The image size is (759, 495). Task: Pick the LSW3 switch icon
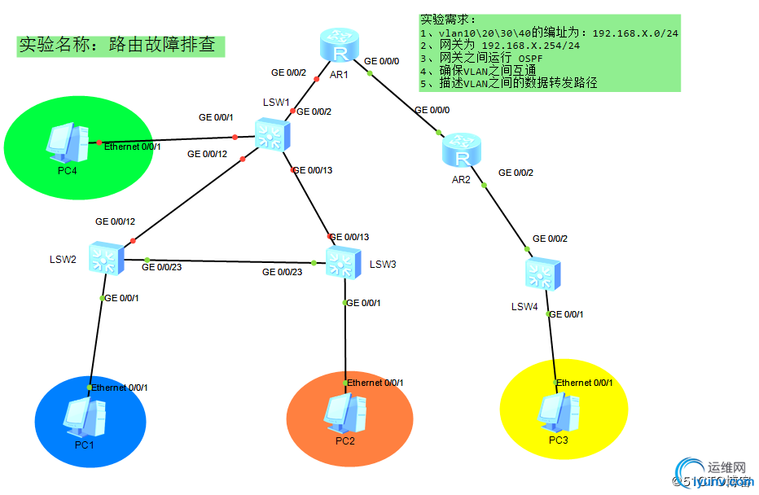tap(342, 261)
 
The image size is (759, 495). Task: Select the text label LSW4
tap(524, 307)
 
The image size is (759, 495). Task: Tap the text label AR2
tap(461, 180)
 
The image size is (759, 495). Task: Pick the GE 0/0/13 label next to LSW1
tap(312, 170)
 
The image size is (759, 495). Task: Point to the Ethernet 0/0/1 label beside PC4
tap(133, 147)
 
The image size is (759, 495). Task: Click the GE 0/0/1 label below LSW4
tap(566, 314)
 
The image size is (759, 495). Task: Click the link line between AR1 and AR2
tap(403, 102)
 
